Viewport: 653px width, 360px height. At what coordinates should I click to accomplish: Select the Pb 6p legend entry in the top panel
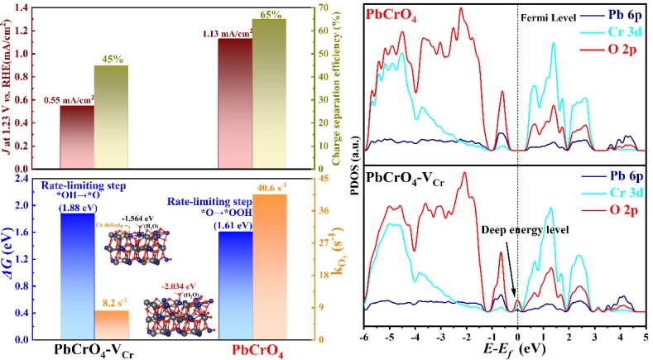(617, 16)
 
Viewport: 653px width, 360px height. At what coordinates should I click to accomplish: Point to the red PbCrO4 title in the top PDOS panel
(396, 15)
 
